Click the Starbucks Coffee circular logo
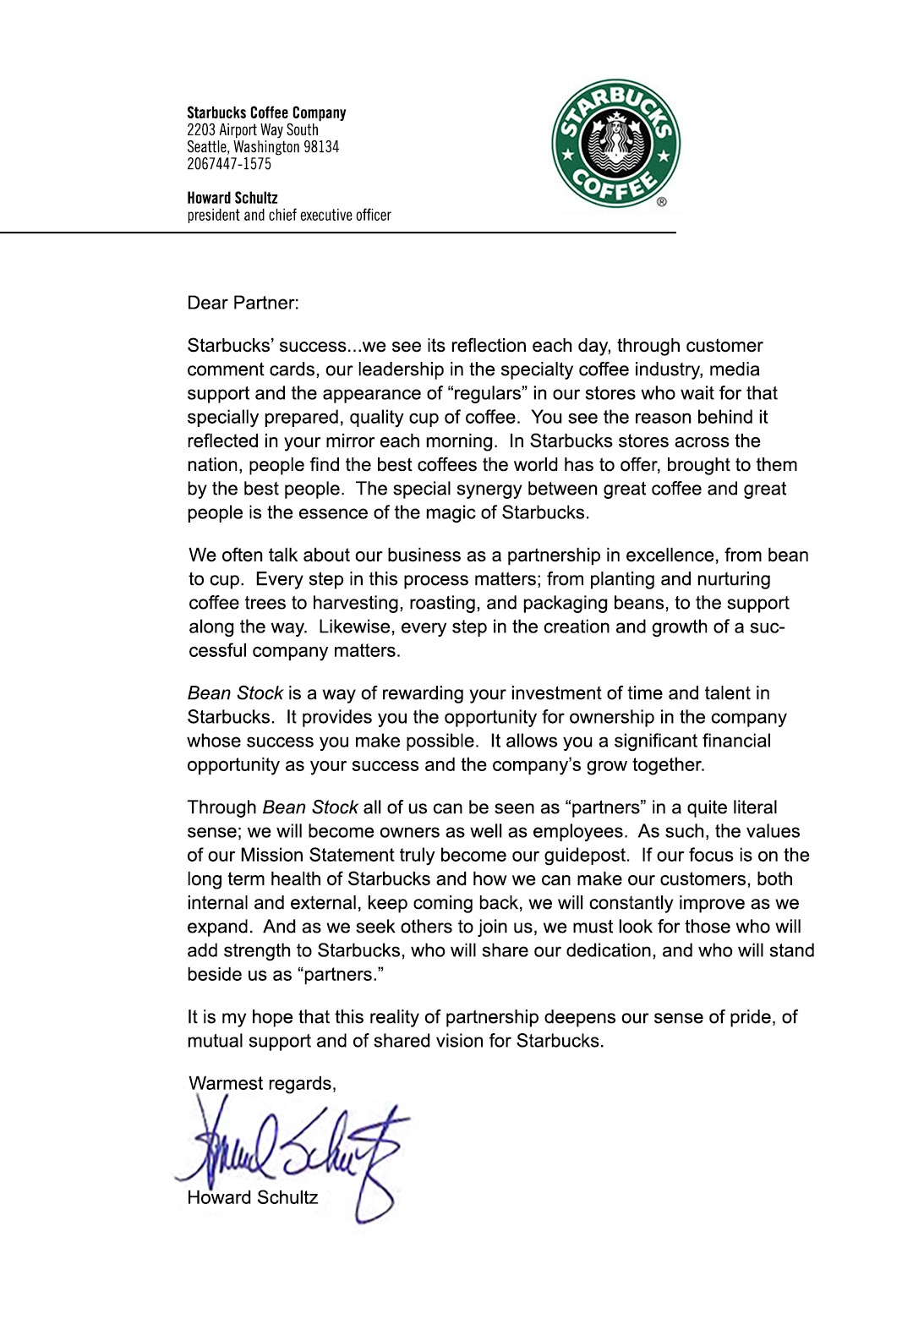click(615, 145)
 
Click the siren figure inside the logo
click(615, 144)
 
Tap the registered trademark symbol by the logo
click(661, 201)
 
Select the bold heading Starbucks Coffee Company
click(266, 112)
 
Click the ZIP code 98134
click(321, 147)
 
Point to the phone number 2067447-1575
click(229, 164)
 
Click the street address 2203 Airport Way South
click(253, 130)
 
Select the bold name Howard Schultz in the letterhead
click(232, 198)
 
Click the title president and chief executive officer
click(289, 216)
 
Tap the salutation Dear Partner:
click(243, 303)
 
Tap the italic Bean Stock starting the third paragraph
click(235, 693)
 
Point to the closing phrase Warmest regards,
click(262, 1084)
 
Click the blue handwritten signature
click(296, 1150)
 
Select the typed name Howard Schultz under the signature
click(252, 1197)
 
